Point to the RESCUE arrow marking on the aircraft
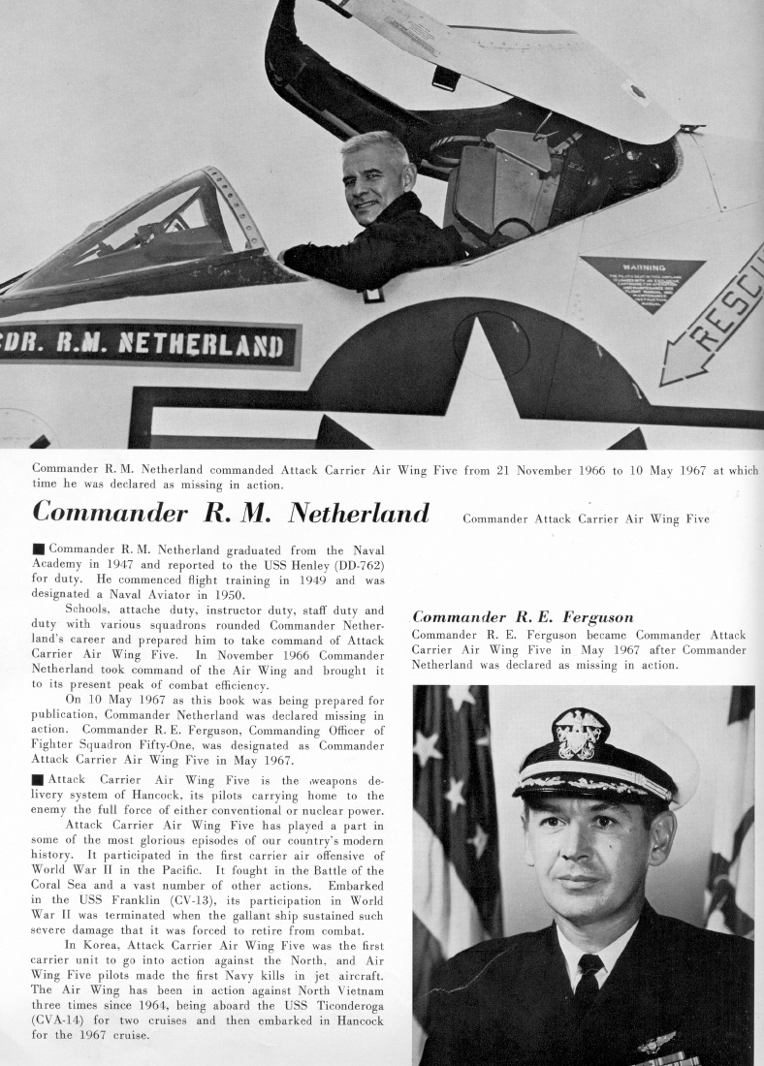pos(713,325)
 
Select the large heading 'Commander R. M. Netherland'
pos(231,512)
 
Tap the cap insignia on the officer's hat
pos(580,734)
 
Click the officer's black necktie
pos(588,978)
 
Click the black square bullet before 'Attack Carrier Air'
pos(38,780)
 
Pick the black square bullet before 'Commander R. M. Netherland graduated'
pos(38,549)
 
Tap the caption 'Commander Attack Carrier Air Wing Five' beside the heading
pos(586,518)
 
